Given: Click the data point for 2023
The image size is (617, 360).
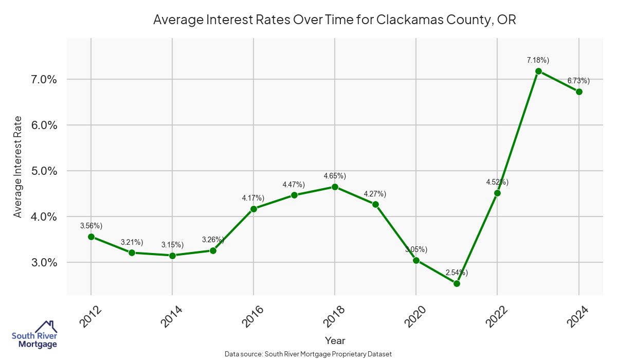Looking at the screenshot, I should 538,71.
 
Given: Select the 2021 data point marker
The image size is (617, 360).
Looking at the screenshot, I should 457,283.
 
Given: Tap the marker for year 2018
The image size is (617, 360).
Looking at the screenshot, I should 335,187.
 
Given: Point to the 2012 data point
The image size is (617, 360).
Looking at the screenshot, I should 91,237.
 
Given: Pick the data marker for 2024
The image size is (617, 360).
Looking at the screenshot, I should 579,92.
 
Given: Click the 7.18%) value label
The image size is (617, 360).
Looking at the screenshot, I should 538,60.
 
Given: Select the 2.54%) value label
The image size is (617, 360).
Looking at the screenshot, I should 457,273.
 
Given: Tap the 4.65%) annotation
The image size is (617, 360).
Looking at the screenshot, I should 335,176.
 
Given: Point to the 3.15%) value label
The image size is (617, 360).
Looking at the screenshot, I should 172,245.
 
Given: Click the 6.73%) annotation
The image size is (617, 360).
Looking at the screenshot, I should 579,81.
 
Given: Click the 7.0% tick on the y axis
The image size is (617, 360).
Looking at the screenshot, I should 44,80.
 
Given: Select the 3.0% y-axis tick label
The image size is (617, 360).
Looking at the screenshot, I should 44,263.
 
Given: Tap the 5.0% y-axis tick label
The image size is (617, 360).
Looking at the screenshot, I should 44,171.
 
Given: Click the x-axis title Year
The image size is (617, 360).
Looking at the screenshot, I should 335,340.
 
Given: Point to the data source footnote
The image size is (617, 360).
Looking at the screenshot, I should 308,354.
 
